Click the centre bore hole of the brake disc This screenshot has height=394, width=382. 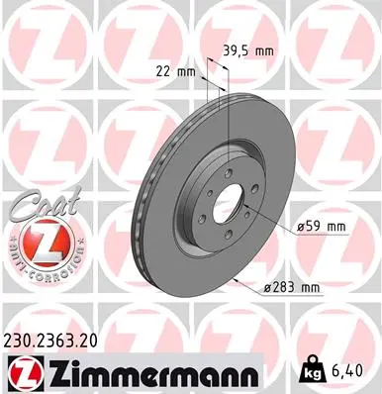pos(227,199)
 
